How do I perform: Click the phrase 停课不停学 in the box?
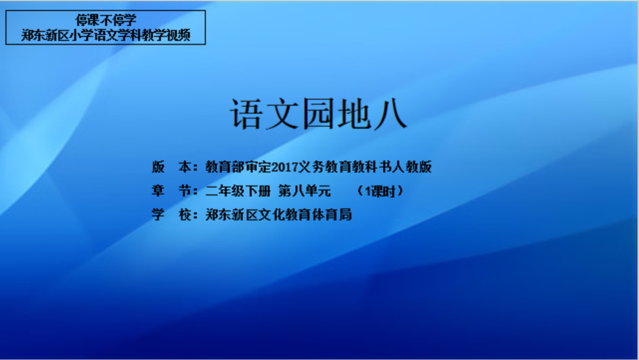[106, 20]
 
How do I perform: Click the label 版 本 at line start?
[174, 167]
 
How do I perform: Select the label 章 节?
[174, 191]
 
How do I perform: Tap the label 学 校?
[174, 215]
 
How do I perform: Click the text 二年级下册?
[238, 191]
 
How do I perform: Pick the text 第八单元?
[305, 191]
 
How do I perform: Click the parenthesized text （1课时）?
[380, 191]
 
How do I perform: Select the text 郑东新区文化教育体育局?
[278, 215]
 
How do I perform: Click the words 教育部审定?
[238, 167]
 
